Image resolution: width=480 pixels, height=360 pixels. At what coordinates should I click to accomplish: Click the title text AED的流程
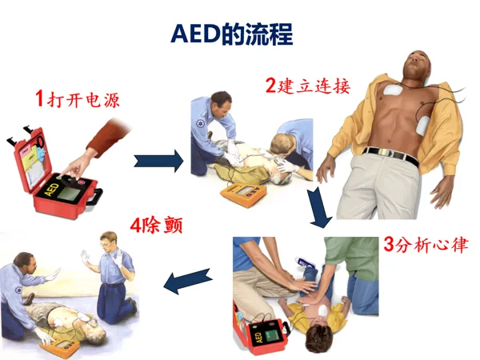232,34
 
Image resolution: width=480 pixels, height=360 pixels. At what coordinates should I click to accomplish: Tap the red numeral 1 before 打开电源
39,98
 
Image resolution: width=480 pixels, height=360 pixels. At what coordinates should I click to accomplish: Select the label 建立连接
314,86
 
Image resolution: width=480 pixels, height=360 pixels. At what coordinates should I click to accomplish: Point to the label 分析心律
432,245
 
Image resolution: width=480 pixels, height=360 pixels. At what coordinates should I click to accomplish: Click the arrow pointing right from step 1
158,161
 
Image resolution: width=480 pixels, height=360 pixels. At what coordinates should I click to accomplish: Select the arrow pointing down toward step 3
319,208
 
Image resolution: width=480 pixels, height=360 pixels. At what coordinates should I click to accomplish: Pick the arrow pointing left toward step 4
188,281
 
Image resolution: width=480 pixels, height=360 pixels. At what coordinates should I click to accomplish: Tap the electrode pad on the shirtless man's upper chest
394,90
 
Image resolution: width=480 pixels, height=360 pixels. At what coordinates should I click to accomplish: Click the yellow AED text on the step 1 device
51,190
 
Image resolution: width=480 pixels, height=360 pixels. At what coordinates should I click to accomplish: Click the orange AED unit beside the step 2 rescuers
243,194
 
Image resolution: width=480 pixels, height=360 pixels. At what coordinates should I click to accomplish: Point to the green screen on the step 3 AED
273,335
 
